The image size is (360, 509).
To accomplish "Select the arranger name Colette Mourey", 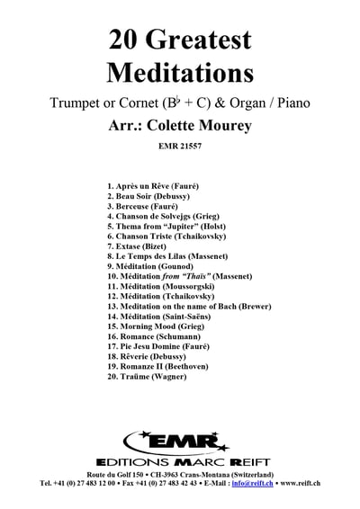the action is pyautogui.click(x=203, y=123).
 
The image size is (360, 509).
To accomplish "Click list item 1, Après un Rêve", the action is pyautogui.click(x=152, y=184).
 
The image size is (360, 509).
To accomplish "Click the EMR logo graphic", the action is pyautogui.click(x=180, y=442).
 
